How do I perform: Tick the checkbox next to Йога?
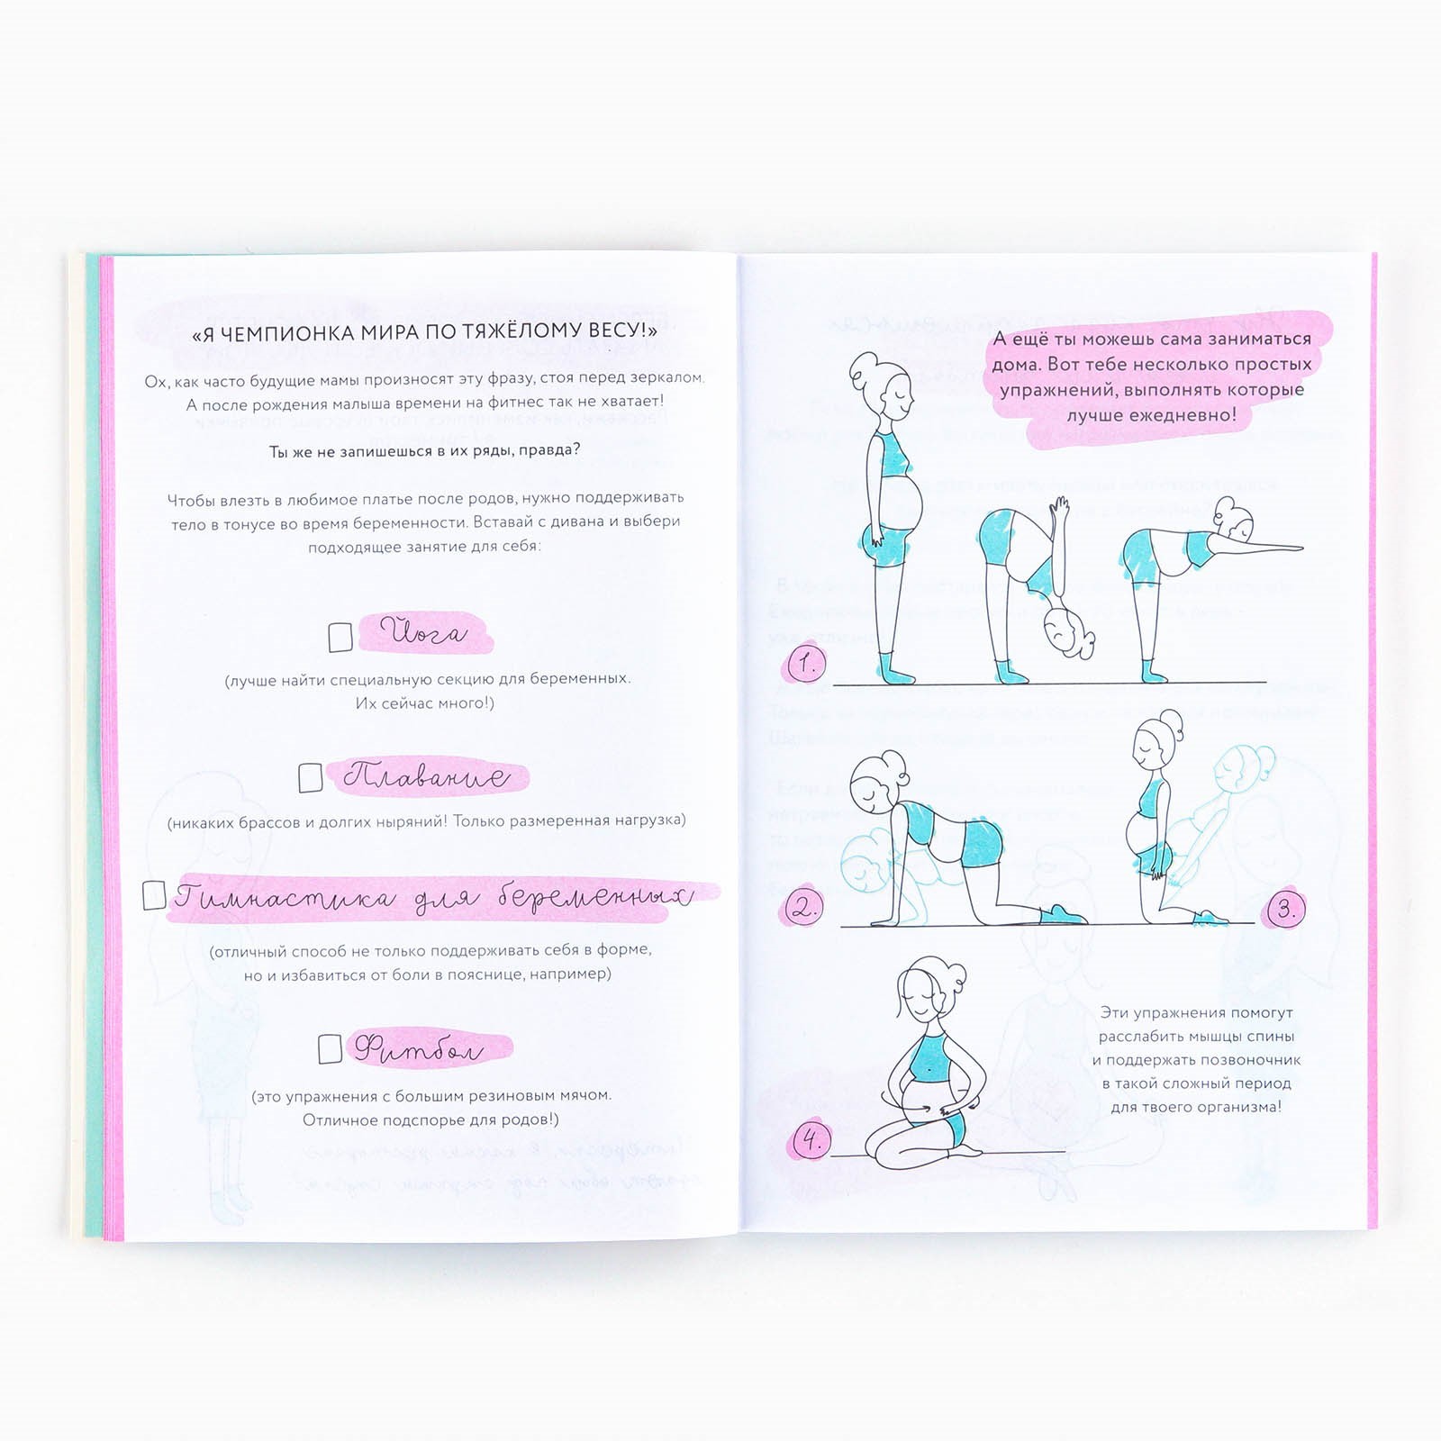(340, 637)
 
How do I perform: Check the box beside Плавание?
(311, 777)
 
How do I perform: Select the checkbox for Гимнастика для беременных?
(154, 894)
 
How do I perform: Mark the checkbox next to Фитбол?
(330, 1048)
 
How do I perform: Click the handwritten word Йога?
(424, 632)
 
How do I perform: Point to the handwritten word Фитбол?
(419, 1048)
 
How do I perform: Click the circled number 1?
(806, 665)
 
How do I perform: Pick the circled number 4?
(811, 1142)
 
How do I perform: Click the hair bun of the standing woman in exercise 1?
(864, 366)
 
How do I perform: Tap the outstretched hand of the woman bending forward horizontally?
(1283, 547)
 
